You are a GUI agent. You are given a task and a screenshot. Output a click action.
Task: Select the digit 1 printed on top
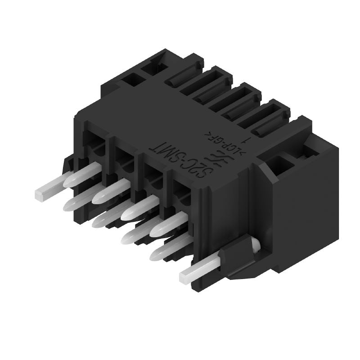coord(244,131)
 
